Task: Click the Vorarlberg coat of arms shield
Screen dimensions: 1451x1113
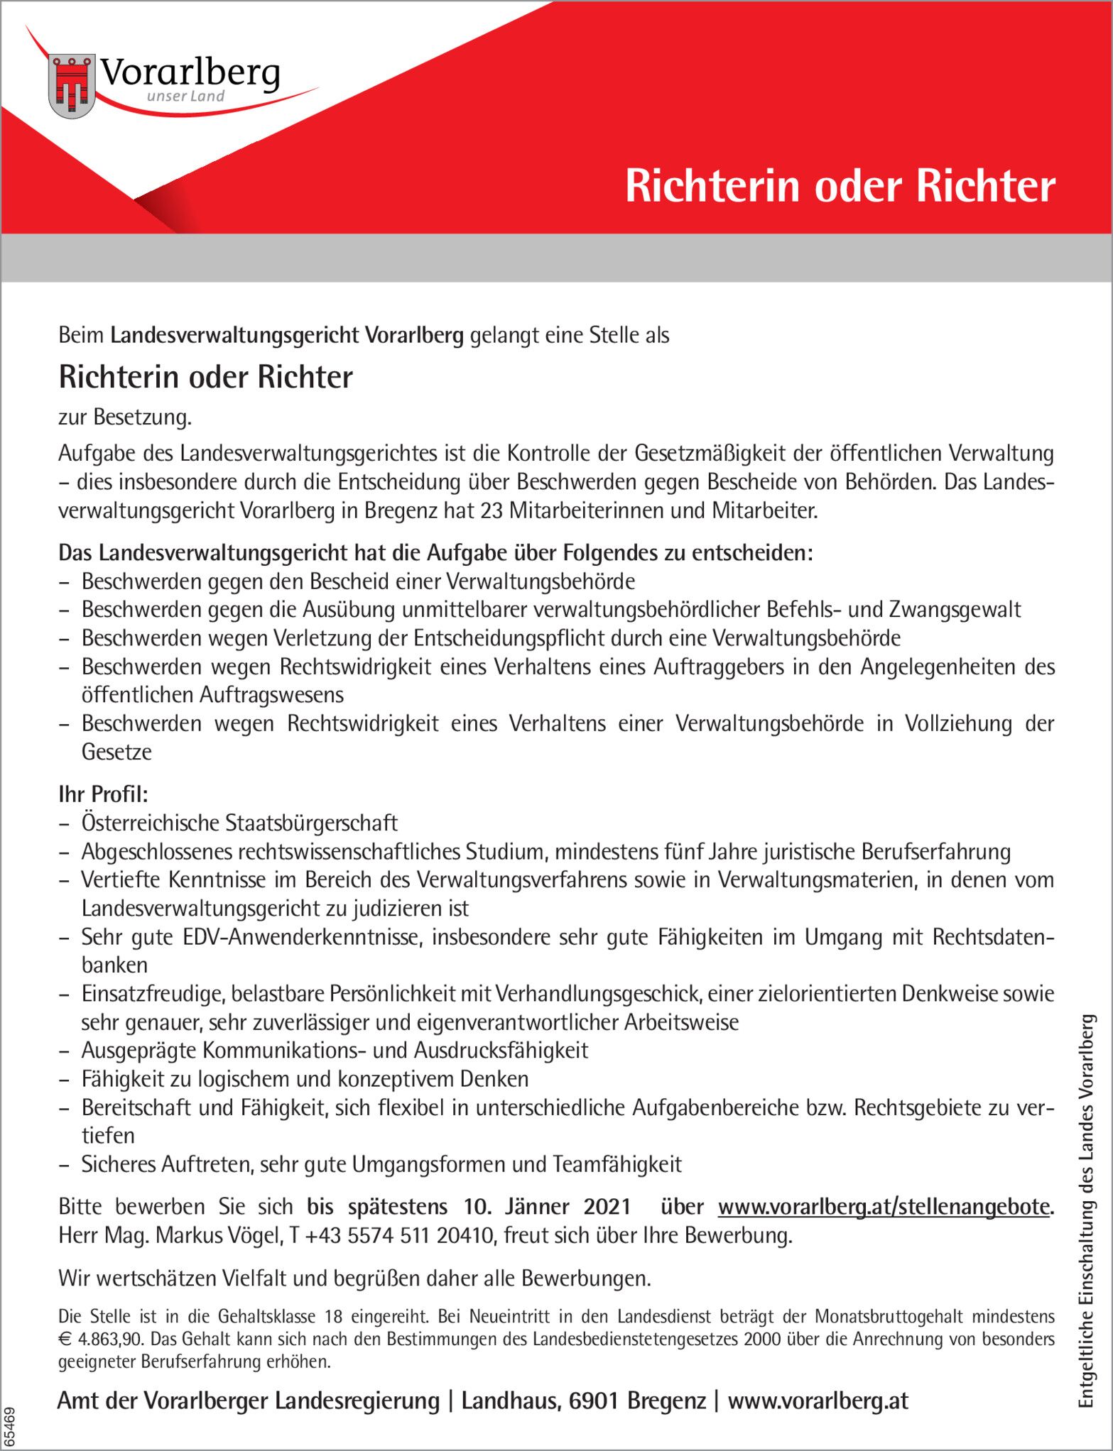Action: tap(72, 87)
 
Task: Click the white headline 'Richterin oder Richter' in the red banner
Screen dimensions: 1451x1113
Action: tap(840, 187)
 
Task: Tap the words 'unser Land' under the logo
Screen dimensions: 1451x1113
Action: tap(185, 97)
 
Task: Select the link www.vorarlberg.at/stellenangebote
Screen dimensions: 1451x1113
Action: tap(884, 1207)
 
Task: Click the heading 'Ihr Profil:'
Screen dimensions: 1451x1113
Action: tap(103, 794)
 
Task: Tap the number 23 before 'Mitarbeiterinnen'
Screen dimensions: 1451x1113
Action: tap(491, 510)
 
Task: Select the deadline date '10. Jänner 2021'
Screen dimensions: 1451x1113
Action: tap(547, 1207)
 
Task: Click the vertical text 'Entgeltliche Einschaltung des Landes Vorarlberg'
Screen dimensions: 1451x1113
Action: tap(1086, 1210)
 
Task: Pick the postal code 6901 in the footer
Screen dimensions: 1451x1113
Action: tap(595, 1401)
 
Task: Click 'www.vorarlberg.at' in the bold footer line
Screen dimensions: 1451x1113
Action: tap(818, 1401)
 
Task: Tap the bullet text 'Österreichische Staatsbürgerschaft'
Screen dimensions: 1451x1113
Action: tap(239, 823)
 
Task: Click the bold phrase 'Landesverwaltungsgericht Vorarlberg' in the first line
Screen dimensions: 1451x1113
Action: tap(287, 335)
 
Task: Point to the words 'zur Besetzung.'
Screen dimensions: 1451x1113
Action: tap(125, 417)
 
